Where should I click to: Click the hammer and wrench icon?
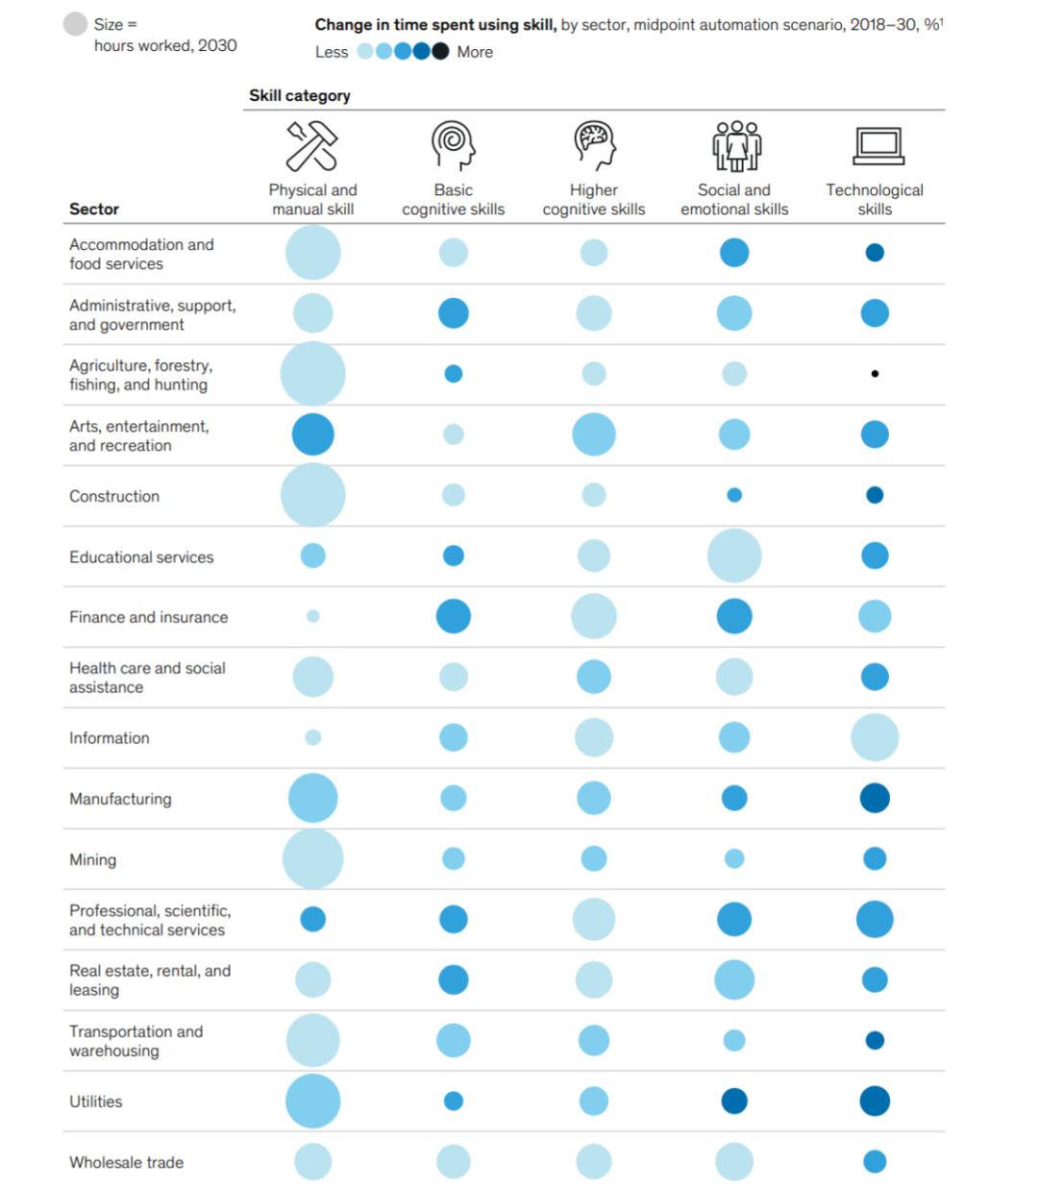click(x=312, y=145)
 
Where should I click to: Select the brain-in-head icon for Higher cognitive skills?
click(x=594, y=145)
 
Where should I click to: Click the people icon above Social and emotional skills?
click(x=736, y=145)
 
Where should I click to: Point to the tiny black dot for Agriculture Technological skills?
click(x=875, y=374)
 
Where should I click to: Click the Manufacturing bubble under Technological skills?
click(x=875, y=798)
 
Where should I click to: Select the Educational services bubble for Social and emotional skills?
click(x=734, y=556)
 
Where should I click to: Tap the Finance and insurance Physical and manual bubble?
click(x=313, y=616)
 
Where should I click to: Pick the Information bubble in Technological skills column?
click(x=875, y=737)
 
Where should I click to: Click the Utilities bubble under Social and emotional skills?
click(x=734, y=1102)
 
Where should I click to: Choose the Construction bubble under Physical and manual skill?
click(x=313, y=495)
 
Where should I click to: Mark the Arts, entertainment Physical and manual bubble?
click(x=313, y=434)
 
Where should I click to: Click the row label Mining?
click(x=92, y=859)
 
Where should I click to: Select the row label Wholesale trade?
click(x=126, y=1162)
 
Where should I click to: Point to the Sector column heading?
click(x=94, y=209)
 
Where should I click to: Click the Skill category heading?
click(x=300, y=95)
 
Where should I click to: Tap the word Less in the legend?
click(x=332, y=52)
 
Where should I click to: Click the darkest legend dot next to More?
click(x=440, y=52)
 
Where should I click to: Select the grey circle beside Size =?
click(x=75, y=24)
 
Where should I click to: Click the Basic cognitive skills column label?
click(x=454, y=200)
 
